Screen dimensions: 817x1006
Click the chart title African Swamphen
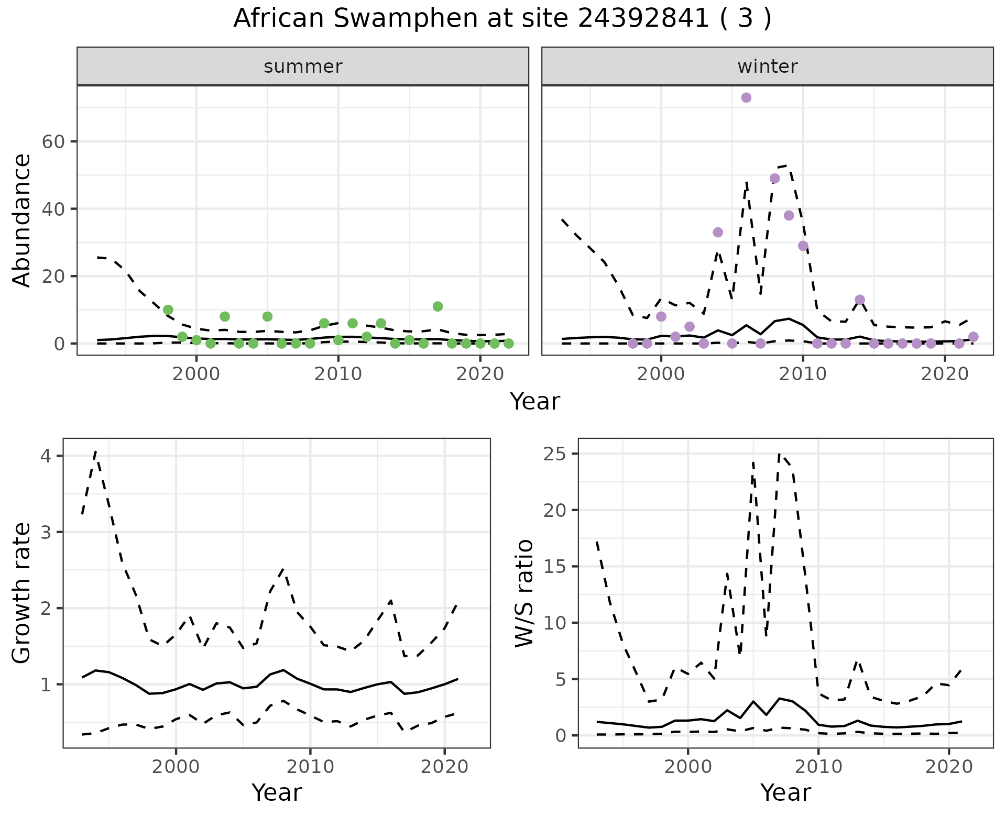click(502, 19)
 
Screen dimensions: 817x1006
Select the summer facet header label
click(303, 67)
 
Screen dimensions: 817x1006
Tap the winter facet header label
click(767, 67)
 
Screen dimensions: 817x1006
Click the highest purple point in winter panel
click(746, 98)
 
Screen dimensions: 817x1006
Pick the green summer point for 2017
click(438, 306)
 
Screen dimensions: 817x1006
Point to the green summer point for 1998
click(168, 310)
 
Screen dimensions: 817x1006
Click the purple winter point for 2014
click(859, 300)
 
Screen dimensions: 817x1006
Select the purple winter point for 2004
click(718, 232)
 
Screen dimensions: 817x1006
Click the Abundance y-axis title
click(22, 220)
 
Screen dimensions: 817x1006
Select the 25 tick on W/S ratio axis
click(555, 454)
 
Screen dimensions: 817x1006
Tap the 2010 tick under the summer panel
click(338, 374)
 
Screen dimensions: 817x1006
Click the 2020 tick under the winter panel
click(944, 374)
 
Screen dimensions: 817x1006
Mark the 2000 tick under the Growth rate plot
click(176, 767)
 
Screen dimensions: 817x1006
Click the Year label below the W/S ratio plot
click(785, 793)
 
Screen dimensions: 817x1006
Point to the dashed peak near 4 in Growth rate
click(95, 451)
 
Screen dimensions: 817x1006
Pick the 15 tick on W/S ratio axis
click(555, 567)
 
